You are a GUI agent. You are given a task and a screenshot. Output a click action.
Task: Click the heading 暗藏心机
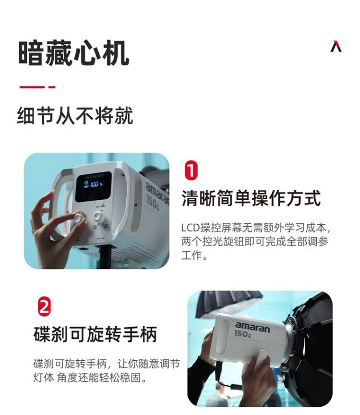click(73, 53)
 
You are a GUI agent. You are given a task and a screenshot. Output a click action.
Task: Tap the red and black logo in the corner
click(336, 46)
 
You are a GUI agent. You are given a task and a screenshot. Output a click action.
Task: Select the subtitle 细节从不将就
click(75, 116)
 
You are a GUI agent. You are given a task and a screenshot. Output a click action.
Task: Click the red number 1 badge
click(191, 170)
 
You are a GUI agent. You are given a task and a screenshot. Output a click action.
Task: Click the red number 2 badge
click(44, 306)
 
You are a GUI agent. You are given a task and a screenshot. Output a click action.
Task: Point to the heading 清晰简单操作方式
click(251, 198)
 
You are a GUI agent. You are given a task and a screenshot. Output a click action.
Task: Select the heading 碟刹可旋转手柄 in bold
click(95, 334)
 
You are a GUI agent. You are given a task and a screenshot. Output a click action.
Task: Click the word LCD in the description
click(190, 228)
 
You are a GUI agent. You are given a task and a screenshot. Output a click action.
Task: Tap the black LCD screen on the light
click(94, 187)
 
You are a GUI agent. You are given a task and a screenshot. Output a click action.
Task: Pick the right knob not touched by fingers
click(98, 217)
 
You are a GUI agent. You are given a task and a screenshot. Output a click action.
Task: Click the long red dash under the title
click(32, 87)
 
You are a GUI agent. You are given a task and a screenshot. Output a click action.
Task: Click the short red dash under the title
click(52, 87)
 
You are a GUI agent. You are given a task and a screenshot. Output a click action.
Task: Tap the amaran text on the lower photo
click(252, 328)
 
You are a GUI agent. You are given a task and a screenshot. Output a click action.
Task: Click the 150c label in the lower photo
click(242, 334)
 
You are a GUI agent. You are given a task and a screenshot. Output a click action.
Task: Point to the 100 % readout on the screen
click(96, 184)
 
